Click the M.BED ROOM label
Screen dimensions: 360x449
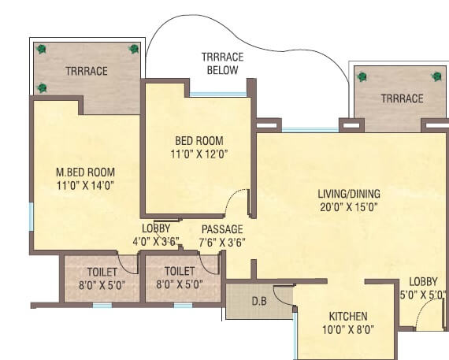[x=86, y=172]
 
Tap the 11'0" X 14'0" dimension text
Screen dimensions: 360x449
[x=86, y=186]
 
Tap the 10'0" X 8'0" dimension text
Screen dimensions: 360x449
[x=346, y=329]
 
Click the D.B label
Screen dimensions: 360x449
[x=258, y=300]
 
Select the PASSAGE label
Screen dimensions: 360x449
[x=221, y=228]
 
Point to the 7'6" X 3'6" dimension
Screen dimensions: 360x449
[x=221, y=242]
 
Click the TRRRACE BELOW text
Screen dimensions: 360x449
[x=222, y=64]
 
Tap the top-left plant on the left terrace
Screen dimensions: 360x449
[x=41, y=49]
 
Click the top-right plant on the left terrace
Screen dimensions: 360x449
[x=134, y=49]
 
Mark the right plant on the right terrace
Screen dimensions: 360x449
[x=436, y=76]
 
